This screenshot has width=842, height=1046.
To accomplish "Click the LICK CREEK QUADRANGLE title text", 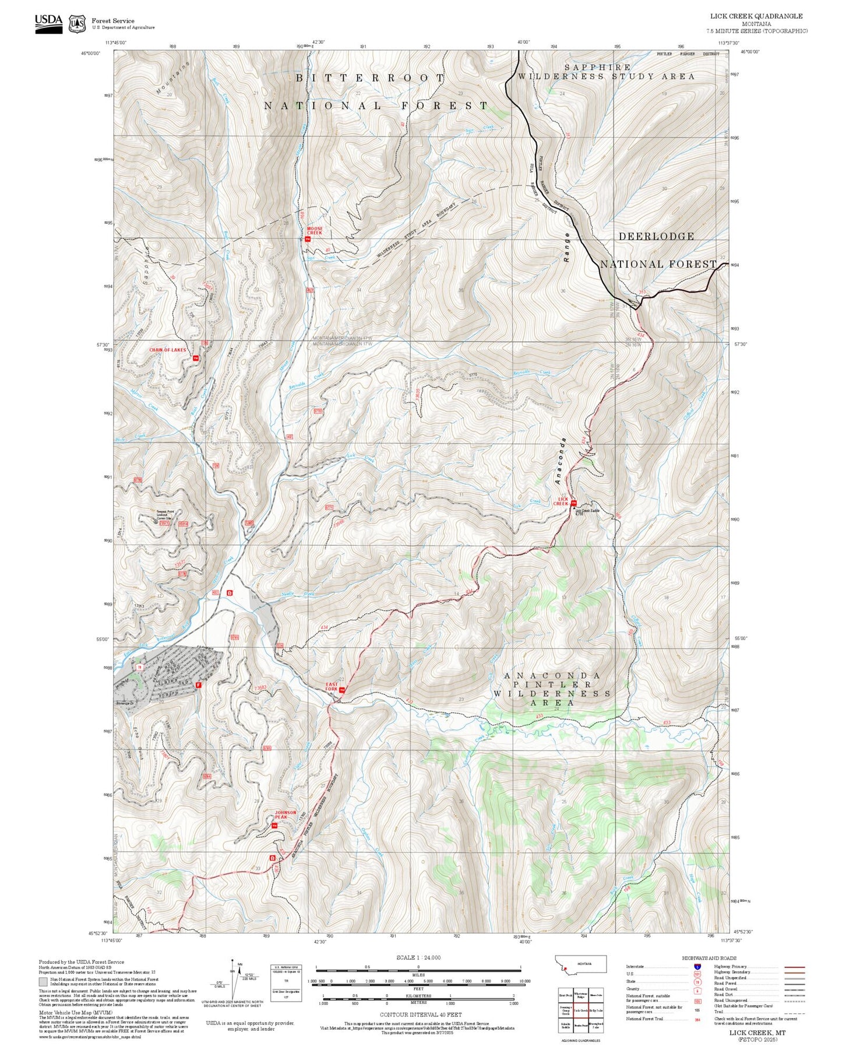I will click(x=756, y=16).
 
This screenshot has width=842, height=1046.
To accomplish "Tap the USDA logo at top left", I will click(x=48, y=23).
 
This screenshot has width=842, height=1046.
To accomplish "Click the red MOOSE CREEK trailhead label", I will click(x=314, y=231).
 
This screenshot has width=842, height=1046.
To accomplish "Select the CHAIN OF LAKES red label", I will click(x=168, y=350).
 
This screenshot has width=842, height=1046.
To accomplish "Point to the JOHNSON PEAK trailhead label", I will click(x=286, y=815).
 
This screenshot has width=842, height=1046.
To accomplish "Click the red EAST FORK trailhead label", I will click(x=332, y=686).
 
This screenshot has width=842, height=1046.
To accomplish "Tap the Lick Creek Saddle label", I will click(x=587, y=511).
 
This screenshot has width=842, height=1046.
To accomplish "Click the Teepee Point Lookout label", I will click(x=164, y=514).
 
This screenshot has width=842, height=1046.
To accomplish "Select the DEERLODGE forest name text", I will click(x=656, y=236).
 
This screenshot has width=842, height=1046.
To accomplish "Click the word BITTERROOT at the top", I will click(x=370, y=78).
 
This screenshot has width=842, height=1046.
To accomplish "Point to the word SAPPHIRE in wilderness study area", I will click(x=597, y=68).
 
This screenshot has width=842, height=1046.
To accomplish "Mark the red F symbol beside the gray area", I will click(x=199, y=685).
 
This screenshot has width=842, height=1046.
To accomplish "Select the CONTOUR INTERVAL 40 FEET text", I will click(x=421, y=1015).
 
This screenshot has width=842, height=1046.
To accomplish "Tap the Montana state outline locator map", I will click(x=582, y=964).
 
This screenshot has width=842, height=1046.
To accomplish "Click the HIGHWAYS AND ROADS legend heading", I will click(x=709, y=958).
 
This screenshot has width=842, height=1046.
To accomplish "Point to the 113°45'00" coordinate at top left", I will click(x=115, y=43).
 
